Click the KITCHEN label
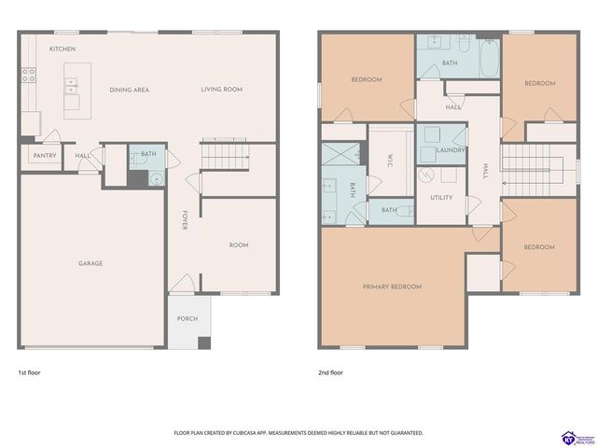pos(62,49)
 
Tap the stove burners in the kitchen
pos(29,76)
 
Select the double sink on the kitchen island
pos(71,90)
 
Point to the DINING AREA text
pos(129,90)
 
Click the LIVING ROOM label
pos(221,90)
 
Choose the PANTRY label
pos(44,156)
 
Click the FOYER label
pos(185,221)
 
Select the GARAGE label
pos(90,263)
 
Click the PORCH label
pos(187,318)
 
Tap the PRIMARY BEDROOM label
pos(392,287)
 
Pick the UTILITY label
pos(441,198)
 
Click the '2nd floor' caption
pos(331,372)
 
